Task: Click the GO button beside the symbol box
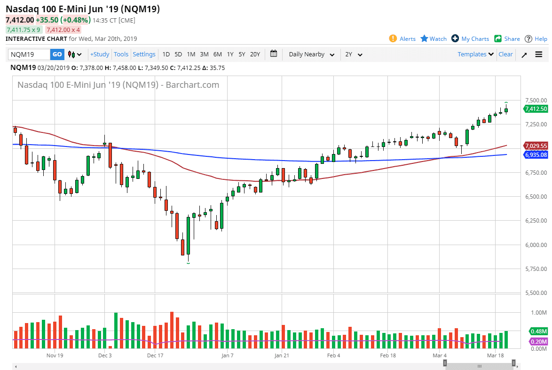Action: click(57, 54)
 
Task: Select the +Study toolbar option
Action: click(100, 54)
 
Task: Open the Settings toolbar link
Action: click(144, 54)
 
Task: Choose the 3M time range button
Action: click(204, 54)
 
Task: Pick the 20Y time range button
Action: click(255, 54)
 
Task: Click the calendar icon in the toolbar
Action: click(274, 54)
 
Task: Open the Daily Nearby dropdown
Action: click(312, 54)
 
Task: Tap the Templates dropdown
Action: click(476, 54)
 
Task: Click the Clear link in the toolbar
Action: click(505, 54)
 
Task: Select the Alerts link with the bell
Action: click(402, 39)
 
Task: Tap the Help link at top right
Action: click(536, 39)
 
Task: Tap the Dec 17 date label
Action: click(155, 356)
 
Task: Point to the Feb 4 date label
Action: click(333, 356)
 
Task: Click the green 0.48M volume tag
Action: click(538, 331)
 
